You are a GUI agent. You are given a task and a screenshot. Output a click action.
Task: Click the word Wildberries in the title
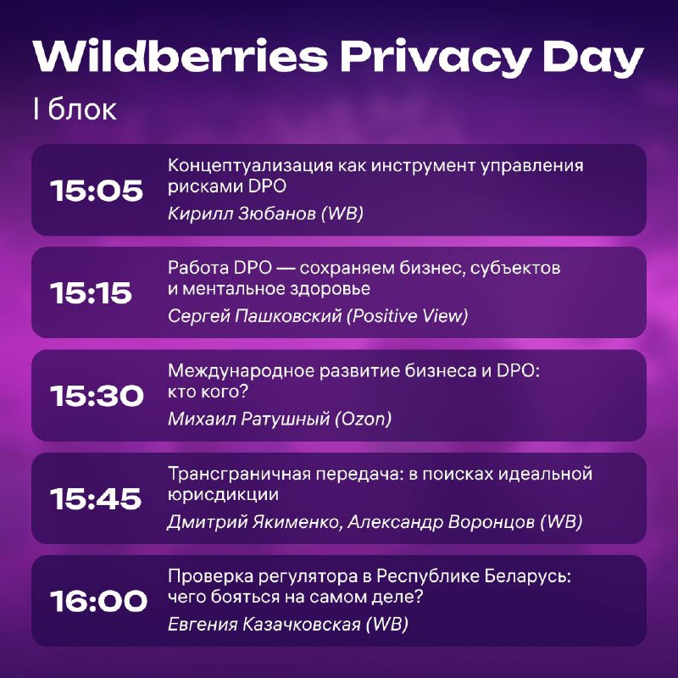pyautogui.click(x=181, y=57)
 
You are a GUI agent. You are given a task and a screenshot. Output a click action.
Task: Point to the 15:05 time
pyautogui.click(x=97, y=191)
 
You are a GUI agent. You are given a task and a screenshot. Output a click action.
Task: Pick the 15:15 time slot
pyautogui.click(x=91, y=293)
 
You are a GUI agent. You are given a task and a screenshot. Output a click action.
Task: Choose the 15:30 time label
pyautogui.click(x=97, y=396)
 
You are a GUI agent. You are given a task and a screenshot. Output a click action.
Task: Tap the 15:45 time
pyautogui.click(x=96, y=498)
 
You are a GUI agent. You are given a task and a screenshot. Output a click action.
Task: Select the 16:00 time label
pyautogui.click(x=98, y=602)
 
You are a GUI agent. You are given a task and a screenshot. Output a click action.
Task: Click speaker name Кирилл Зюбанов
pyautogui.click(x=242, y=214)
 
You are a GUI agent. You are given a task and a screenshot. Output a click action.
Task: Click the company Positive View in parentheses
pyautogui.click(x=408, y=316)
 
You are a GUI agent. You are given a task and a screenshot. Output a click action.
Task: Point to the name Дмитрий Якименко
pyautogui.click(x=253, y=521)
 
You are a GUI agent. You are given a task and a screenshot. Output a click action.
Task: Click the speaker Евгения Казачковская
pyautogui.click(x=264, y=624)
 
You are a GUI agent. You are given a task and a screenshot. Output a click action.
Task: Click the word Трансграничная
pyautogui.click(x=239, y=475)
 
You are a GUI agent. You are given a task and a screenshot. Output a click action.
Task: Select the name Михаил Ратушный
pyautogui.click(x=248, y=419)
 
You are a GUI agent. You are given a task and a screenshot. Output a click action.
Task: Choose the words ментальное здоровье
pyautogui.click(x=276, y=289)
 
